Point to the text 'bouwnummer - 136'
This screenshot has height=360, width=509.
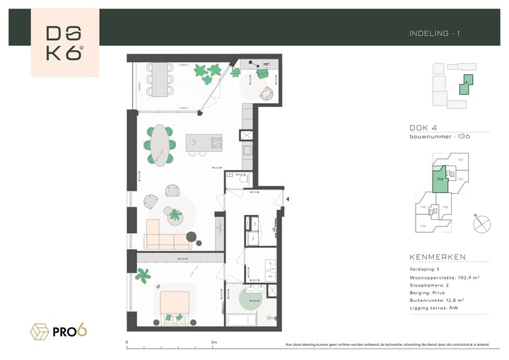[x=440, y=136]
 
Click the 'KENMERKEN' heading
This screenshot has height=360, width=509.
[x=438, y=257]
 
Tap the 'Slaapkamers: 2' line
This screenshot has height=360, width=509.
[x=431, y=286]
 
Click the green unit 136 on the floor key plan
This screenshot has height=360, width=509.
[x=440, y=179]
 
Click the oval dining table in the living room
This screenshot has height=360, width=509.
[x=162, y=145]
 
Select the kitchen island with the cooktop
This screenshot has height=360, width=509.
[x=204, y=143]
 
